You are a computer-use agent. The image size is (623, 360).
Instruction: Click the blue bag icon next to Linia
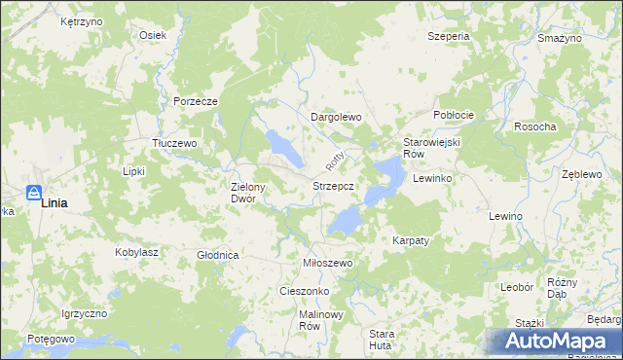pos(33,195)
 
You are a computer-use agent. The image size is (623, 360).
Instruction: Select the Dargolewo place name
pos(336,117)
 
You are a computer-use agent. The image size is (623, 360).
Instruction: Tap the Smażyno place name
pos(559,37)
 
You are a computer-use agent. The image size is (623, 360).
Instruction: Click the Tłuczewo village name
pos(175,142)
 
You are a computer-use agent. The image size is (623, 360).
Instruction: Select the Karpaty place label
pos(411,239)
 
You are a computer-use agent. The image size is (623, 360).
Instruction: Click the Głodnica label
pos(217,255)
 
